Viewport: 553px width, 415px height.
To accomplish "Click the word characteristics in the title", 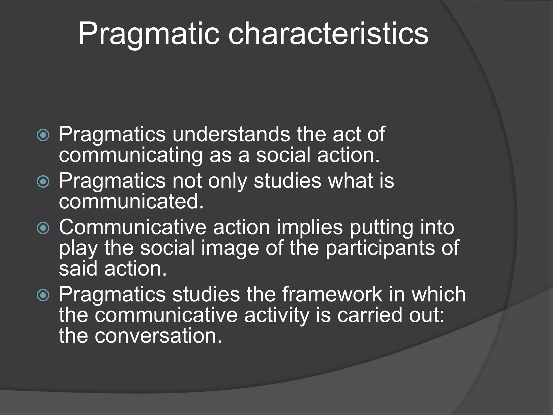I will (328, 35).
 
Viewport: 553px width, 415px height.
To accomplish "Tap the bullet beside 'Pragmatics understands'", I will (43, 135).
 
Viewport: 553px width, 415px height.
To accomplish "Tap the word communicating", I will (131, 156).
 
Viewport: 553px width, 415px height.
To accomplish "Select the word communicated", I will (131, 201).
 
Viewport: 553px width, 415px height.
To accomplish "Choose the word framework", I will (332, 294).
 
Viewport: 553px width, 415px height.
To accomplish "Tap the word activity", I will (276, 316).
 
